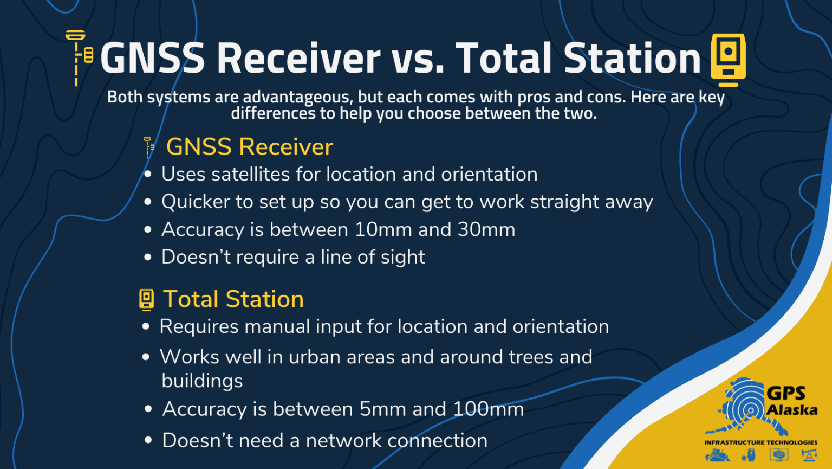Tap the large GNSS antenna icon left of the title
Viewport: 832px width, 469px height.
(x=79, y=57)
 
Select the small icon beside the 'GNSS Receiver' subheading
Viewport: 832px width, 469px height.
(x=148, y=147)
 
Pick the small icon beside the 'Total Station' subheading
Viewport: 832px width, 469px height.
(x=146, y=299)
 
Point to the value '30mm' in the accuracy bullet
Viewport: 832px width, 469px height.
(x=486, y=229)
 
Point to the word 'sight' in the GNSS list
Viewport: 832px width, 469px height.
(x=402, y=257)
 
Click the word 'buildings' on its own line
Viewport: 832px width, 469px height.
(x=202, y=381)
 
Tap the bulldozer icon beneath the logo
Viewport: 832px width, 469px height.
(x=718, y=455)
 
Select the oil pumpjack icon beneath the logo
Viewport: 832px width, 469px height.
(x=809, y=455)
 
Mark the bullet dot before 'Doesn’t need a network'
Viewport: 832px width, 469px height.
(x=148, y=440)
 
